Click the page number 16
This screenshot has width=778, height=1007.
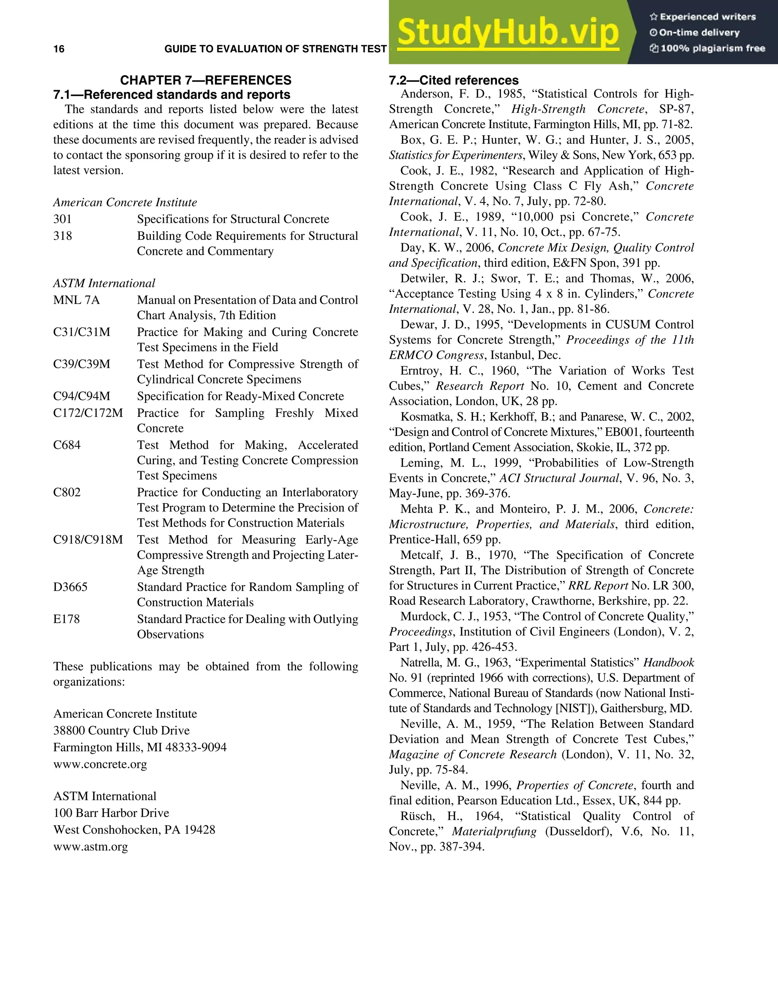pyautogui.click(x=59, y=49)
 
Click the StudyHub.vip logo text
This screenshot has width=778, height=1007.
pyautogui.click(x=508, y=32)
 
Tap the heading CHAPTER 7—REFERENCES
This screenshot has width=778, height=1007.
pyautogui.click(x=206, y=80)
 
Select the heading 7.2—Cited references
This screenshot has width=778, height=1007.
pyautogui.click(x=454, y=80)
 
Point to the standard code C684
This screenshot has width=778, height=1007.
pyautogui.click(x=67, y=445)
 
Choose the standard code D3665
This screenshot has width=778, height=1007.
pyautogui.click(x=70, y=587)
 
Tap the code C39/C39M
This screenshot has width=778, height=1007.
pyautogui.click(x=82, y=364)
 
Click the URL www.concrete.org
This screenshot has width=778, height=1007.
pyautogui.click(x=100, y=764)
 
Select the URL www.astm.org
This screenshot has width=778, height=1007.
pyautogui.click(x=90, y=847)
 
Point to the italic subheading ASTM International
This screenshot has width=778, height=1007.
pyautogui.click(x=104, y=283)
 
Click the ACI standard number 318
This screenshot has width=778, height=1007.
pyautogui.click(x=63, y=236)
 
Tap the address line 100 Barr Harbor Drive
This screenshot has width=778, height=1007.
pyautogui.click(x=111, y=813)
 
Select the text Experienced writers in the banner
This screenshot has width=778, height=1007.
pyautogui.click(x=707, y=17)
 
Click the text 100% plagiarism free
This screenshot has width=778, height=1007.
pyautogui.click(x=712, y=48)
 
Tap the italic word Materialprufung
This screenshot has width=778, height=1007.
pyautogui.click(x=494, y=831)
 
